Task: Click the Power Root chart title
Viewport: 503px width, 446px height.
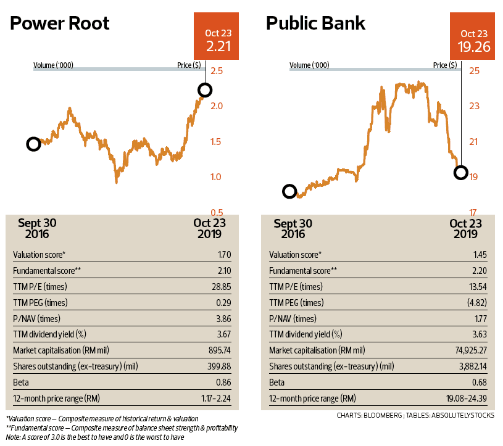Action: pyautogui.click(x=59, y=24)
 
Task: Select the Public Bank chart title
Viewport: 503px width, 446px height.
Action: pyautogui.click(x=315, y=24)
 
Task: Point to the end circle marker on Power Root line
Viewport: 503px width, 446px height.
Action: pyautogui.click(x=205, y=90)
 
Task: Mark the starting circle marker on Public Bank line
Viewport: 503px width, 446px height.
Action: pyautogui.click(x=289, y=191)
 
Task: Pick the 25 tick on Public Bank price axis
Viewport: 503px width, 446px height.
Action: pyautogui.click(x=474, y=71)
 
